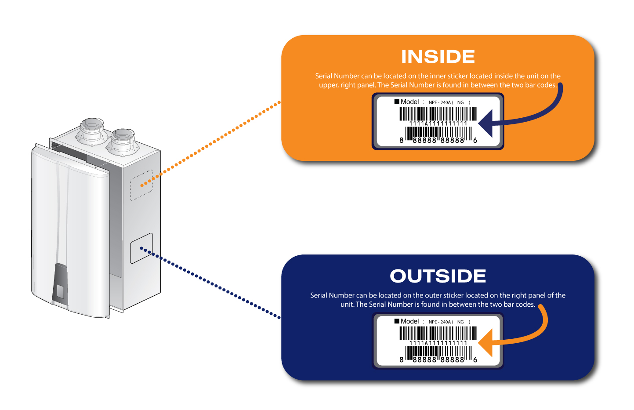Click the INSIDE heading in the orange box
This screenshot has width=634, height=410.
[438, 57]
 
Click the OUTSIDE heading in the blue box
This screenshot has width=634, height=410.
[438, 276]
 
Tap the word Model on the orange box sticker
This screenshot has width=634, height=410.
[409, 102]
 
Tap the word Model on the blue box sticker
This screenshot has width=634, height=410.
[409, 321]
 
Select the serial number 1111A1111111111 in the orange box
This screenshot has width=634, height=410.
[438, 123]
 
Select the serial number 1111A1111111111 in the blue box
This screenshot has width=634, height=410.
[438, 343]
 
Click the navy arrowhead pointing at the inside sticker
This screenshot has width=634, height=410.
[485, 123]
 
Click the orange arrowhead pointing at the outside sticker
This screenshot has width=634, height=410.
[485, 343]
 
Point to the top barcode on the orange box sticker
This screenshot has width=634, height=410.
[438, 114]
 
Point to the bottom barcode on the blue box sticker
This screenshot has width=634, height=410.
[438, 353]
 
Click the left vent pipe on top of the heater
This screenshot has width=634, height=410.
[92, 131]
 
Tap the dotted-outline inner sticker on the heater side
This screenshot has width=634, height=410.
[141, 185]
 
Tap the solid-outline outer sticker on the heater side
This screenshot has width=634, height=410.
[141, 248]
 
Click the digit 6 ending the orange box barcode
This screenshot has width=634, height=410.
[475, 140]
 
